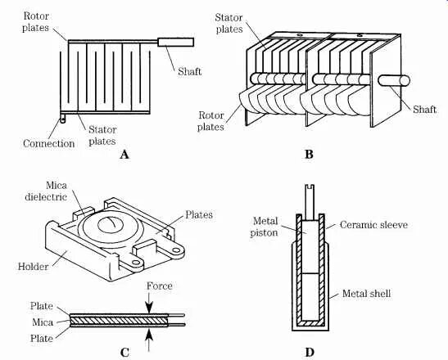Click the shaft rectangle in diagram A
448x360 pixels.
(x=176, y=43)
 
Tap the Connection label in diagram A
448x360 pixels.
(x=49, y=143)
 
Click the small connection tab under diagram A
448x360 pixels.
(x=62, y=119)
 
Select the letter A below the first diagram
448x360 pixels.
(x=124, y=155)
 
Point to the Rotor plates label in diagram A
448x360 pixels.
(x=36, y=22)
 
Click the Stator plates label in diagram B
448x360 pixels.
(x=229, y=23)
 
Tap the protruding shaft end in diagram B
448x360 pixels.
(x=394, y=80)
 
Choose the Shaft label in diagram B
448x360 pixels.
(x=424, y=110)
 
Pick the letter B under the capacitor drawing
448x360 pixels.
(x=309, y=155)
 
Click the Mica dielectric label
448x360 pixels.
(x=46, y=191)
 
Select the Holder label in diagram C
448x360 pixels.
(x=33, y=267)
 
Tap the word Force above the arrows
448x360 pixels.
(x=160, y=286)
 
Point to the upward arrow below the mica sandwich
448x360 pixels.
(x=149, y=340)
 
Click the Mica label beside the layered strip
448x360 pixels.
(x=43, y=322)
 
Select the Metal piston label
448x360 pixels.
(x=265, y=227)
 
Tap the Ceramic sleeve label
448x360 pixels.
(x=373, y=225)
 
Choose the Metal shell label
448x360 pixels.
(x=366, y=294)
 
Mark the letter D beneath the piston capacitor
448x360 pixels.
(x=310, y=353)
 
